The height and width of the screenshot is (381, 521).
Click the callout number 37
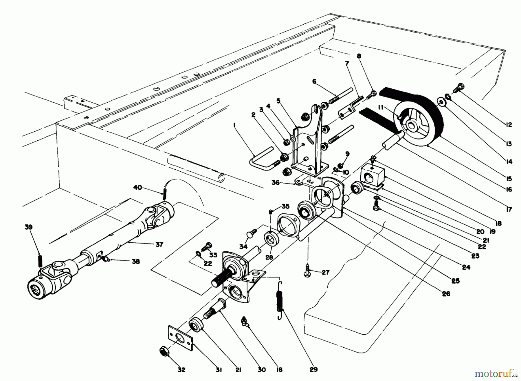tap(159, 245)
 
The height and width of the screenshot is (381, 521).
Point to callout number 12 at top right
tap(509, 125)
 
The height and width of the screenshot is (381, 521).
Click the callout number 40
tap(137, 188)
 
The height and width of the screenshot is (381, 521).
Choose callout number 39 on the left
tap(29, 227)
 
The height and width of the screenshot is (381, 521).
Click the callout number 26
tap(446, 294)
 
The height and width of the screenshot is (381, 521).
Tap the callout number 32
tap(181, 370)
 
